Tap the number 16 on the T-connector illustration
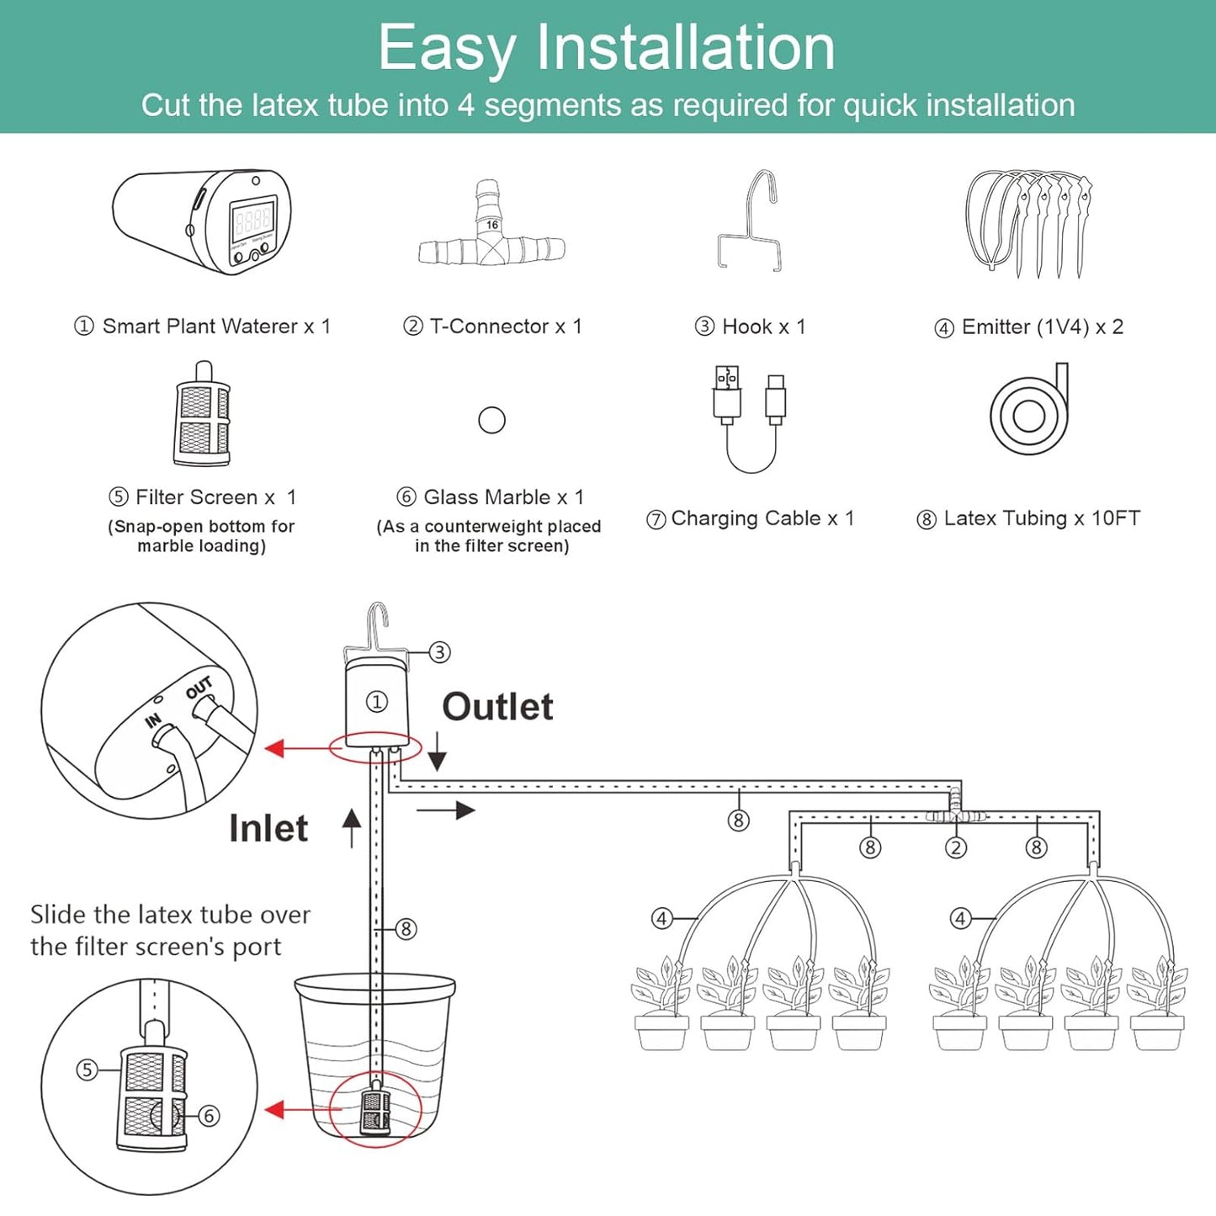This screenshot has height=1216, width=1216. (x=492, y=225)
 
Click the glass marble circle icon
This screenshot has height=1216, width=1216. (x=491, y=420)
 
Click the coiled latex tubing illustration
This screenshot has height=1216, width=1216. (x=1028, y=412)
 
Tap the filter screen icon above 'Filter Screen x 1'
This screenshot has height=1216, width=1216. (x=202, y=417)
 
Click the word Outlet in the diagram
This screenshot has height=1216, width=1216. (x=497, y=707)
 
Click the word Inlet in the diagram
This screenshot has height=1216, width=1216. (x=268, y=828)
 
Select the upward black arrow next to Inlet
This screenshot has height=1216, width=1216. (x=352, y=827)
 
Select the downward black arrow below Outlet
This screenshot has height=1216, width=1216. (x=437, y=751)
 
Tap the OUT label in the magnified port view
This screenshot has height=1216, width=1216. (x=199, y=688)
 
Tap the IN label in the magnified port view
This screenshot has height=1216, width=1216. (x=153, y=720)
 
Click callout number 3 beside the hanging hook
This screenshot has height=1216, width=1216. (x=439, y=652)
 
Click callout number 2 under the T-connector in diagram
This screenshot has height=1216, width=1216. (x=956, y=847)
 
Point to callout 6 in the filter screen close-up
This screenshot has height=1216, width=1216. (x=209, y=1116)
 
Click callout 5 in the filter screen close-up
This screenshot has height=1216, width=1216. (x=88, y=1070)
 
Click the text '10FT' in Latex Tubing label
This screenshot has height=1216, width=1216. (x=1116, y=518)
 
